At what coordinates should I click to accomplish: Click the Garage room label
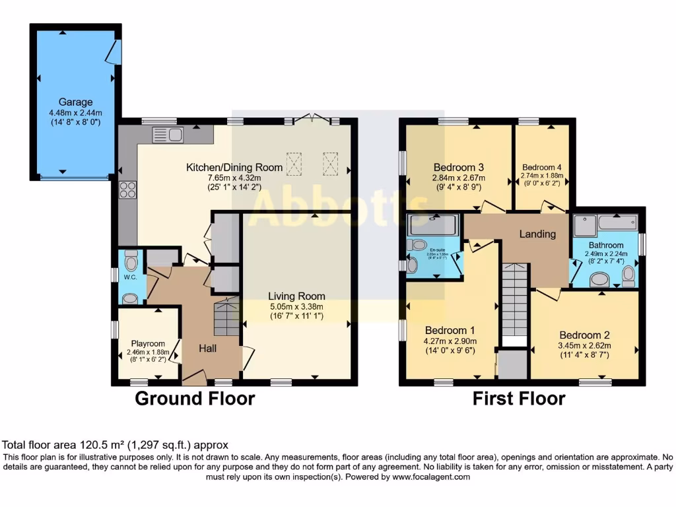(75, 102)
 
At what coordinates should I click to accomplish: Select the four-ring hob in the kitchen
(126, 189)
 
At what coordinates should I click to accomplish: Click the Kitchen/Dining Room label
(234, 168)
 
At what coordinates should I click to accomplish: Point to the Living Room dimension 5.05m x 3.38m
(296, 307)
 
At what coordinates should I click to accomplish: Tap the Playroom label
(147, 343)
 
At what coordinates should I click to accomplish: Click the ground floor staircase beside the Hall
(227, 318)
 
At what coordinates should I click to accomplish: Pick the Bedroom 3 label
(459, 167)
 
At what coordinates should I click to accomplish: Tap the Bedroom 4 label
(541, 168)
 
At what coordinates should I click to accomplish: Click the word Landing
(537, 234)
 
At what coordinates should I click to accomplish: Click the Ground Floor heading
(195, 398)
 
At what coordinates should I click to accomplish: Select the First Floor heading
(518, 398)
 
